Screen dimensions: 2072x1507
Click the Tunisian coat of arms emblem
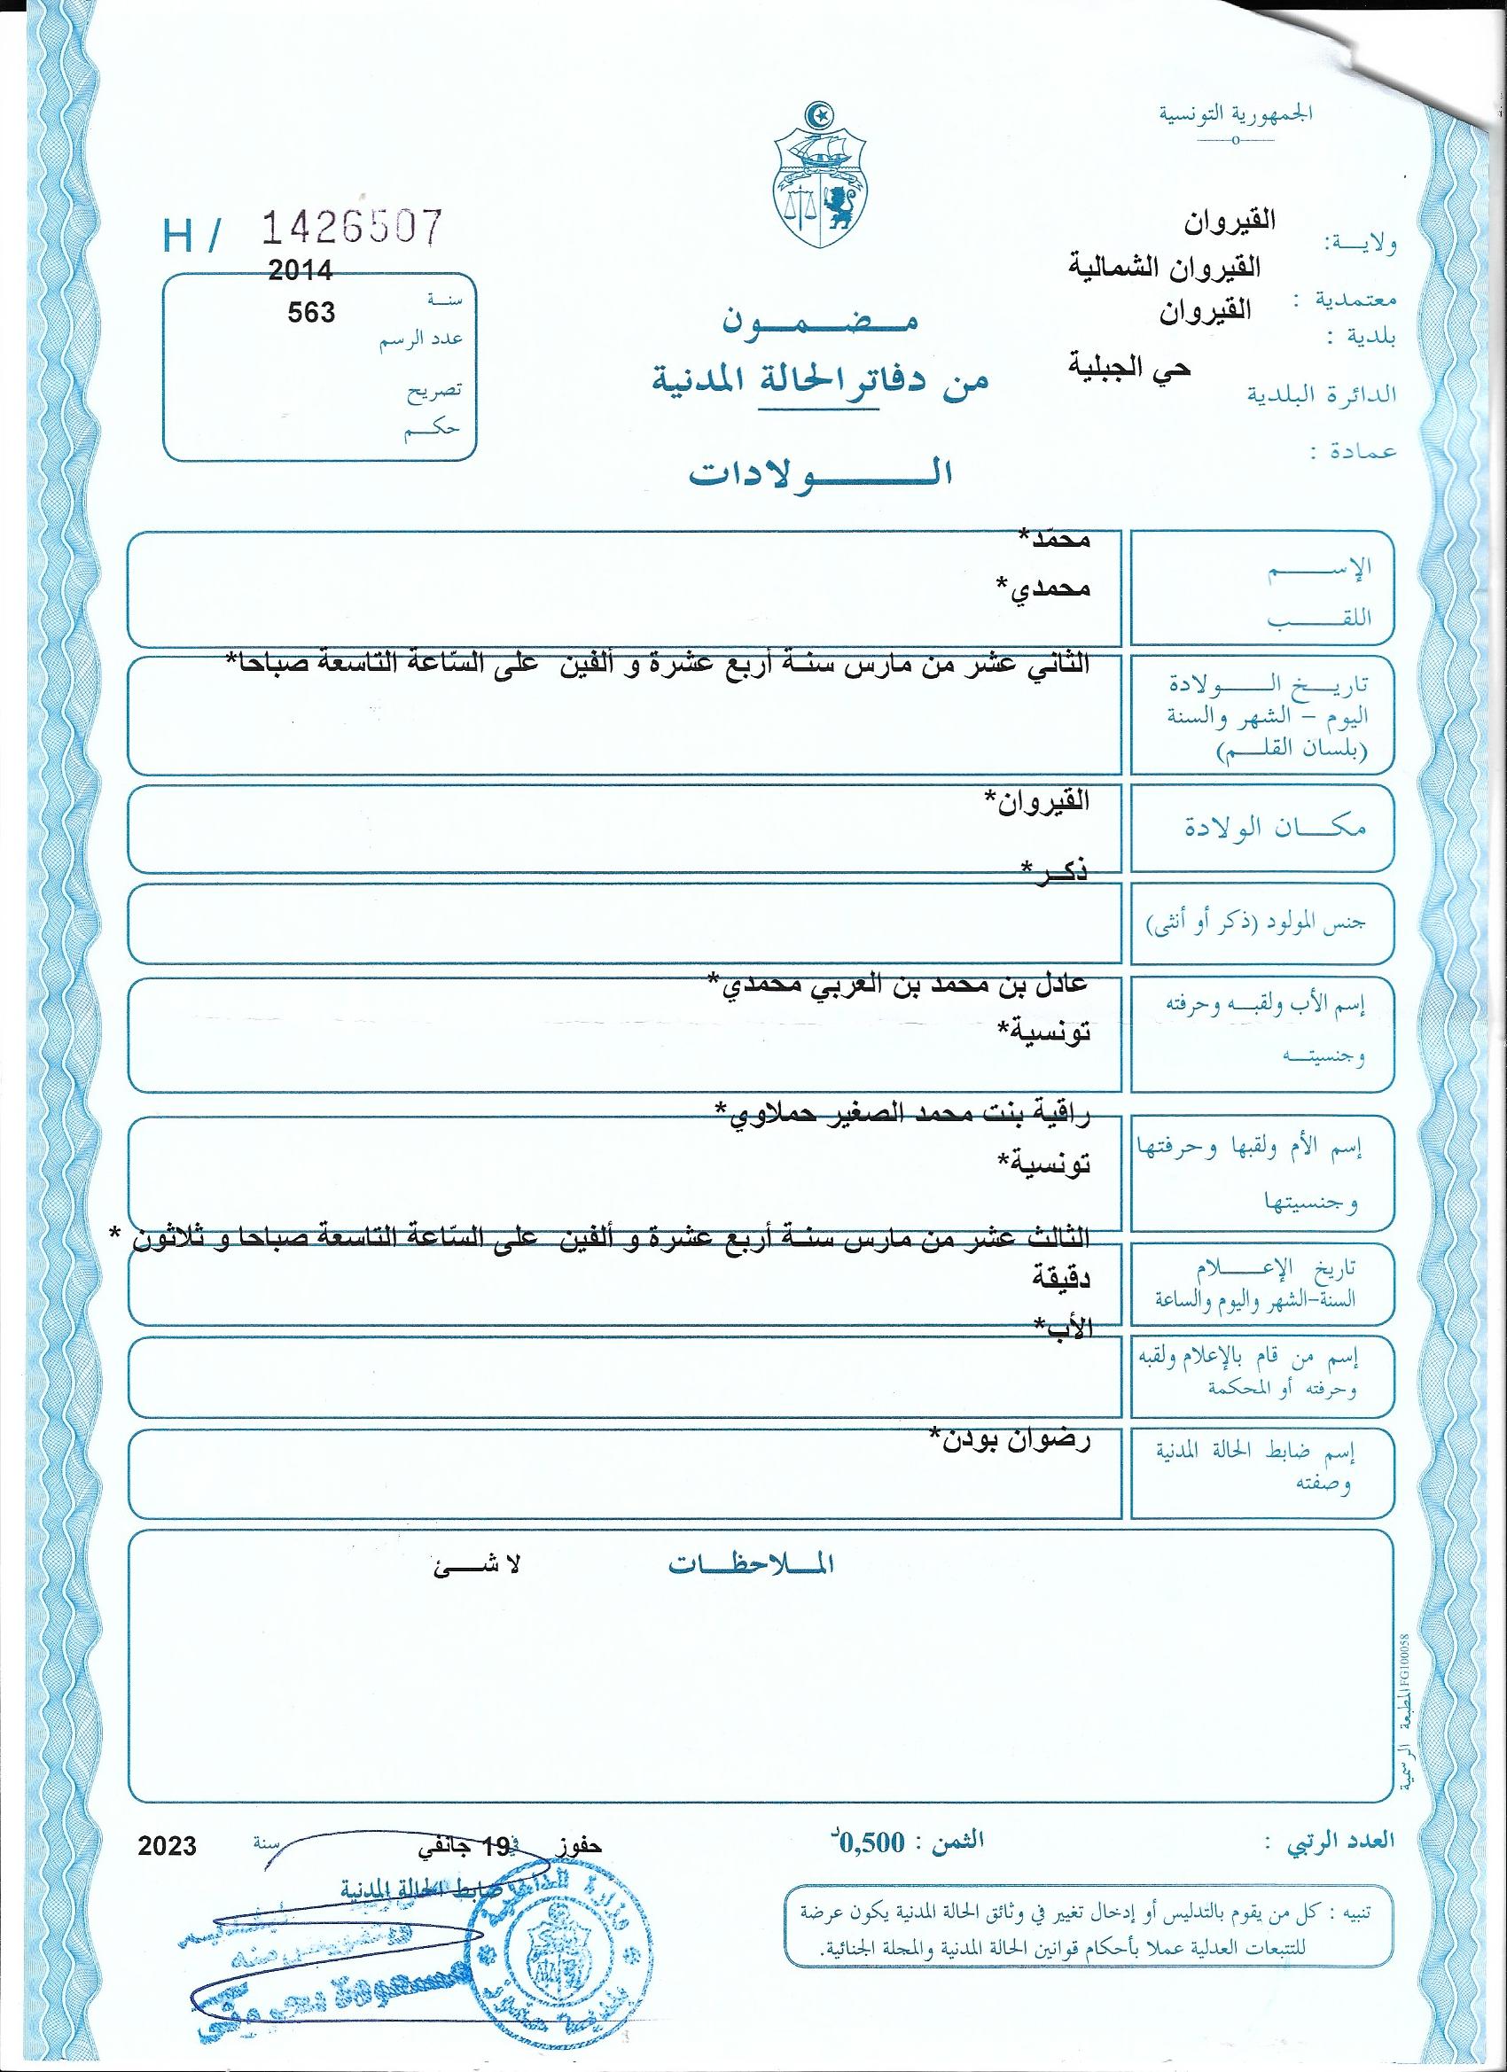pyautogui.click(x=819, y=183)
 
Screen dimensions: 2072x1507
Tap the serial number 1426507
pyautogui.click(x=352, y=228)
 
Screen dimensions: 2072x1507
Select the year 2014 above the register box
pyautogui.click(x=300, y=270)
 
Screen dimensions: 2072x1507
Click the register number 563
pyautogui.click(x=312, y=313)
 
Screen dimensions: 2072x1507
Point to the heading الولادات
pyautogui.click(x=820, y=474)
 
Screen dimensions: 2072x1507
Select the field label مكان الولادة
pyautogui.click(x=1263, y=827)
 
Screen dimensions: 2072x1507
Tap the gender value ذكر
pyautogui.click(x=1056, y=870)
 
